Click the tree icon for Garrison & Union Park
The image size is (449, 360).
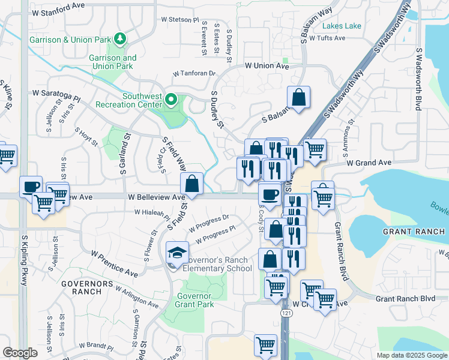(121, 39)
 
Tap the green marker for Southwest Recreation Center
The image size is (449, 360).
(171, 99)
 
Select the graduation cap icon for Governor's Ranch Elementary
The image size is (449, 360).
(177, 253)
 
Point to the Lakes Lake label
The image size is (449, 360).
(342, 26)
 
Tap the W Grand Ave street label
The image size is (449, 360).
(368, 163)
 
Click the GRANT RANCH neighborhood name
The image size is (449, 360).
(414, 232)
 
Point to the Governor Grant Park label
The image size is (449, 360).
(194, 300)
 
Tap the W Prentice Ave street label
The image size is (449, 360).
(115, 263)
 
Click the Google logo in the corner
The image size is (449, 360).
(20, 353)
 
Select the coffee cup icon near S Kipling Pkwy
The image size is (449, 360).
(31, 187)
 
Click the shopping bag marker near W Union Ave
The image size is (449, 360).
(298, 98)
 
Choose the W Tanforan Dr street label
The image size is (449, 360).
(194, 73)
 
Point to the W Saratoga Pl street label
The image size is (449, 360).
(56, 94)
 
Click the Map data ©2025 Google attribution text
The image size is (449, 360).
(411, 355)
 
